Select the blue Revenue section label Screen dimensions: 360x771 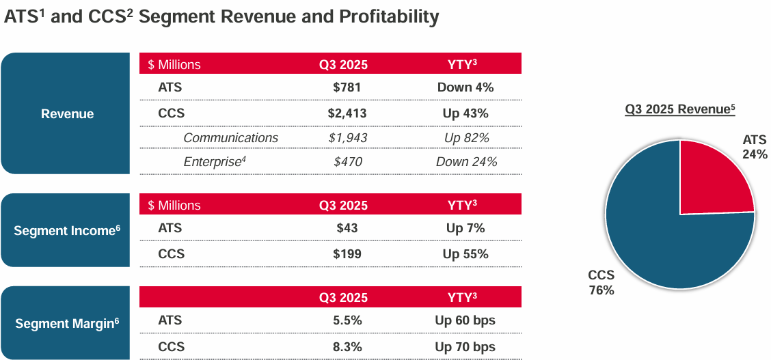coord(67,114)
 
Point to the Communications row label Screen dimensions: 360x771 coord(230,138)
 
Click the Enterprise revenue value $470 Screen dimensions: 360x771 coord(347,162)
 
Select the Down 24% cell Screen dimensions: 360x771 coord(466,162)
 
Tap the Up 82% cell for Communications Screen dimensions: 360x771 coord(466,138)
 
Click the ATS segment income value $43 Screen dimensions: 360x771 coord(347,229)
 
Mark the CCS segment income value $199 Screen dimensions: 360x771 coord(347,254)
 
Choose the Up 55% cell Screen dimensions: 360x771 coord(465,254)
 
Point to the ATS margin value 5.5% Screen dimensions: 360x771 coord(347,320)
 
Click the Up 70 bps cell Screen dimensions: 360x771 coord(465,347)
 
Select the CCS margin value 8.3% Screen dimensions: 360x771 coord(347,347)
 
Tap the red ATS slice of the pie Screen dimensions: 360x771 coord(711,181)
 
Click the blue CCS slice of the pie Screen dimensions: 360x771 coord(656,239)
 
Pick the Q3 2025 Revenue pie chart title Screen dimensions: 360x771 coord(679,109)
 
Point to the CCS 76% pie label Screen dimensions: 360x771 coord(601,283)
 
